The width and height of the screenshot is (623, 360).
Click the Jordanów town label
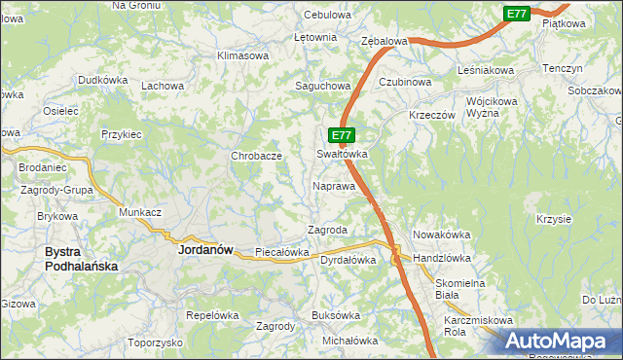pos(205,249)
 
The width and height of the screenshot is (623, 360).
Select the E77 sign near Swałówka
pos(341,136)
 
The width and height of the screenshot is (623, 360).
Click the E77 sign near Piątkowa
pos(517,14)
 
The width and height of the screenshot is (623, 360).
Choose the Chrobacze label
pos(256,156)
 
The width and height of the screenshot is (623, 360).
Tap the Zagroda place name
pos(327,230)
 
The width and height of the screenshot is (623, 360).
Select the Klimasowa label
pos(242,55)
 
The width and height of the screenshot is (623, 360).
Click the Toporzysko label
pos(155,343)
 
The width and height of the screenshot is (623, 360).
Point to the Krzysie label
pos(553,219)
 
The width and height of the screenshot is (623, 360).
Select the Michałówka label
pos(349,341)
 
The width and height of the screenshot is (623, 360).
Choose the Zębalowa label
pos(384,42)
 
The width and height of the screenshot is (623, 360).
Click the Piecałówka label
pos(281,252)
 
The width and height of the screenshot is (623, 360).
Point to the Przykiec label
pos(122,134)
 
